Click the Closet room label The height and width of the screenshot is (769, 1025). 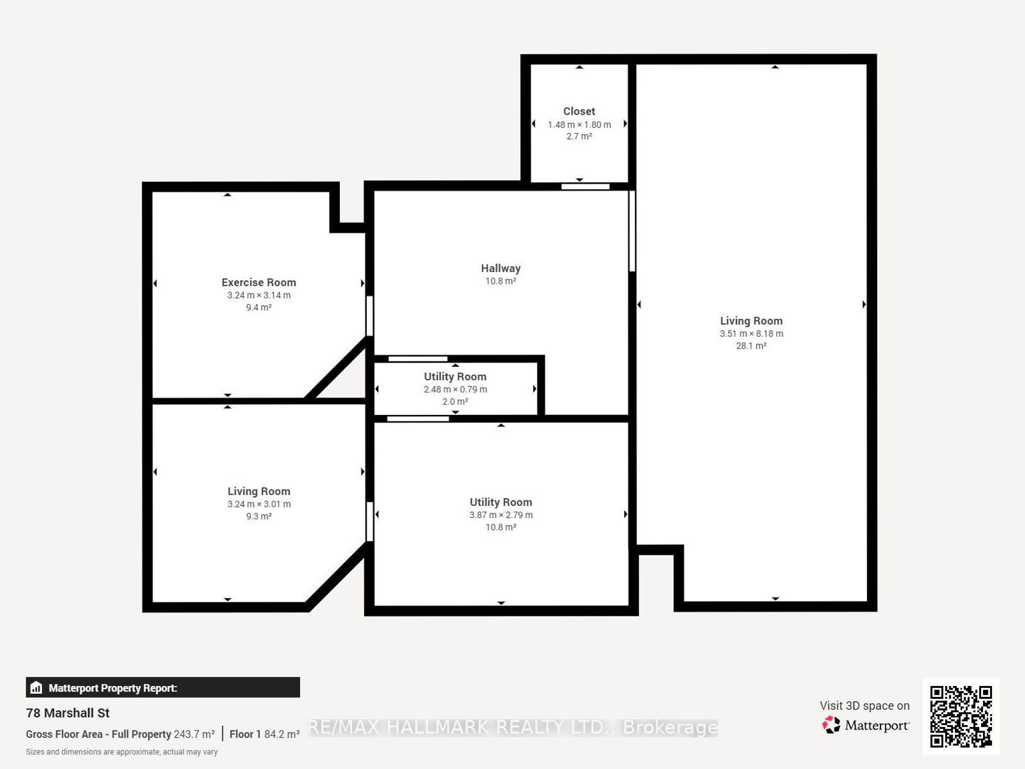pos(579,111)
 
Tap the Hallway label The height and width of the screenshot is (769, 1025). pos(500,269)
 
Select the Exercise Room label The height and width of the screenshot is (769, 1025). pos(259,283)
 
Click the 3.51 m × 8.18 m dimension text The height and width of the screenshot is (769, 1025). pos(751,334)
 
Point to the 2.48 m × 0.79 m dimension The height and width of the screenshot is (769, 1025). pos(455,389)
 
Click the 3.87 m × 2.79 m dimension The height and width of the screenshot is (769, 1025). pos(501,515)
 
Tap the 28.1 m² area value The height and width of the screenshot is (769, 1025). pos(751,346)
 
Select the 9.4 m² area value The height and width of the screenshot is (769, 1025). pos(259,307)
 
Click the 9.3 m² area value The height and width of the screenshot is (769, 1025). pos(259,516)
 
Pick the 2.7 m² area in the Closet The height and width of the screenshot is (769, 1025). pos(579,136)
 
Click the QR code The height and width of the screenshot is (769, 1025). pos(961,717)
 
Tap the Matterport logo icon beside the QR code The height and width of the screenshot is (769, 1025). pos(831,725)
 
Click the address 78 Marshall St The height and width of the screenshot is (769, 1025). pos(68,713)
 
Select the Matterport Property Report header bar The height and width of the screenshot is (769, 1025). pos(163,687)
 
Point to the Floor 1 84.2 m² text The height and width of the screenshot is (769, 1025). pos(264,734)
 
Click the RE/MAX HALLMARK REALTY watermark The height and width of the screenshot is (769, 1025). pos(512,727)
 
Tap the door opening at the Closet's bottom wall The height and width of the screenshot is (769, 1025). pos(585,187)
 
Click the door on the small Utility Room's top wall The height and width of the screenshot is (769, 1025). pos(418,359)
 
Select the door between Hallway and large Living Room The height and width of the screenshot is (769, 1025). pos(632,231)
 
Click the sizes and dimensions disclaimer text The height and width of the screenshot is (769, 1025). pos(121,752)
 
